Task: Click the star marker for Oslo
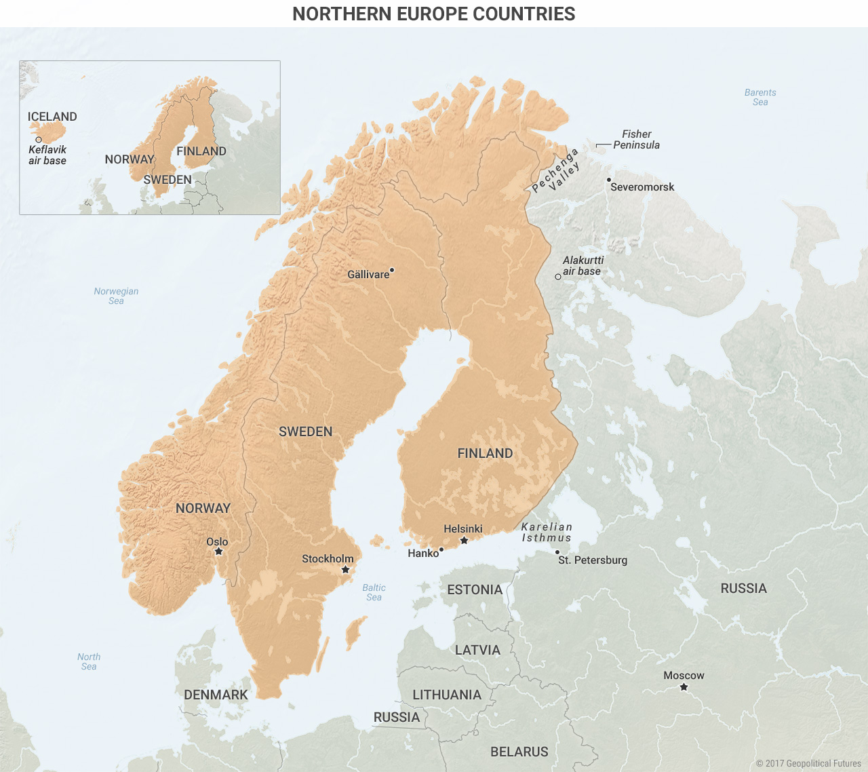(218, 552)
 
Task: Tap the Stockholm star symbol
(345, 570)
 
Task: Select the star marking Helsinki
(464, 541)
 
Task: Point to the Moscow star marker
(684, 687)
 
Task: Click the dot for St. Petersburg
(557, 552)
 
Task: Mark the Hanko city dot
(441, 549)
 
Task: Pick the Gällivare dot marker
(392, 270)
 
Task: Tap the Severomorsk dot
(609, 180)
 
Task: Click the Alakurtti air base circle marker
(558, 277)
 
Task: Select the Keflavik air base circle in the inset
(39, 140)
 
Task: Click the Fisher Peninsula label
(636, 140)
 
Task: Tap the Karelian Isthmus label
(547, 533)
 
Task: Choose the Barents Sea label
(760, 97)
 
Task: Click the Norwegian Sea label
(116, 296)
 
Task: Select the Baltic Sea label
(374, 592)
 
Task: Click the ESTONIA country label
(475, 590)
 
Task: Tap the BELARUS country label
(519, 752)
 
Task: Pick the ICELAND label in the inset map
(52, 117)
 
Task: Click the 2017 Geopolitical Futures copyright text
(808, 763)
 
